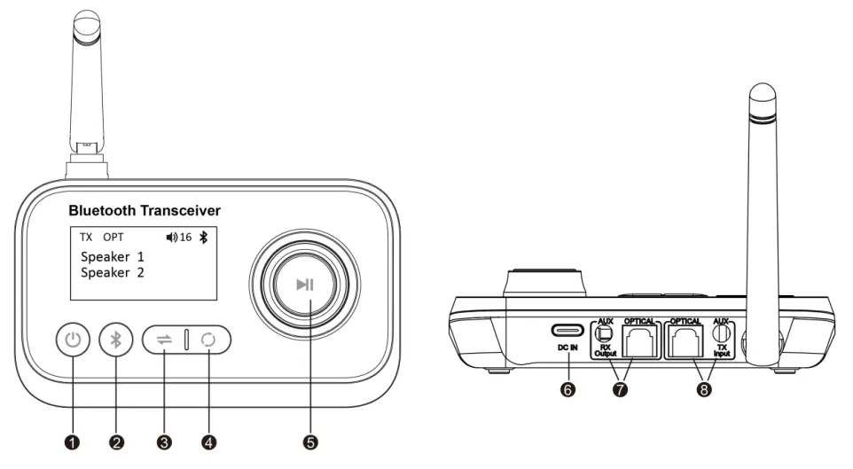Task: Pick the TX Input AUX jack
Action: [720, 332]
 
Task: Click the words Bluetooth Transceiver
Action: [145, 211]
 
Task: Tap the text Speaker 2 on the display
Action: [113, 272]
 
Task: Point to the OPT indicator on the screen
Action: [113, 238]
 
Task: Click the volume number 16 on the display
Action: [185, 238]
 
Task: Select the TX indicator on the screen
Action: [86, 238]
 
